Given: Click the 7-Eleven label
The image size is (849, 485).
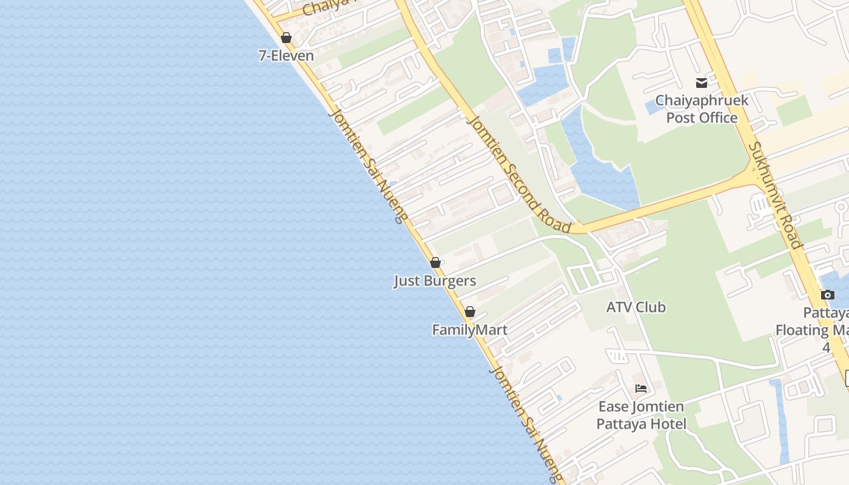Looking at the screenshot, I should click(286, 56).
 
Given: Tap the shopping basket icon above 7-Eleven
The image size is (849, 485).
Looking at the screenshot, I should click(286, 38).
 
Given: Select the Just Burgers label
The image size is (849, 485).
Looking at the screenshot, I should click(435, 281).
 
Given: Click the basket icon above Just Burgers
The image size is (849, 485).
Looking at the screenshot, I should click(435, 263).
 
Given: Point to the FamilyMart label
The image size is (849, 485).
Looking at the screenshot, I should click(469, 330).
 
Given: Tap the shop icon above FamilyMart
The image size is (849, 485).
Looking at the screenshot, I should click(469, 312).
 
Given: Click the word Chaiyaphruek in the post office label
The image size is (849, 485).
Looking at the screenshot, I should click(702, 101).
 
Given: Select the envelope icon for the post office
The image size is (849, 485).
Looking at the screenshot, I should click(702, 83).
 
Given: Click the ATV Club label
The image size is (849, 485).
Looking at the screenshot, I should click(636, 307).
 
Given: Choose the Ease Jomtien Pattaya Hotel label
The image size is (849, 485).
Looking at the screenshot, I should click(641, 415).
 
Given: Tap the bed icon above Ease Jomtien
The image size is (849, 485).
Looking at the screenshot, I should click(641, 389).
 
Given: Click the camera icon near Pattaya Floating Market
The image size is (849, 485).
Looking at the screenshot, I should click(827, 295).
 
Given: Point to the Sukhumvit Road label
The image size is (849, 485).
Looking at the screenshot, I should click(776, 195).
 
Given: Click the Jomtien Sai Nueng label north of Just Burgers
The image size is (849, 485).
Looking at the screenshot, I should click(366, 166).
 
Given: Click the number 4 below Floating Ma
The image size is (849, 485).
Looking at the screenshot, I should click(826, 348).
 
